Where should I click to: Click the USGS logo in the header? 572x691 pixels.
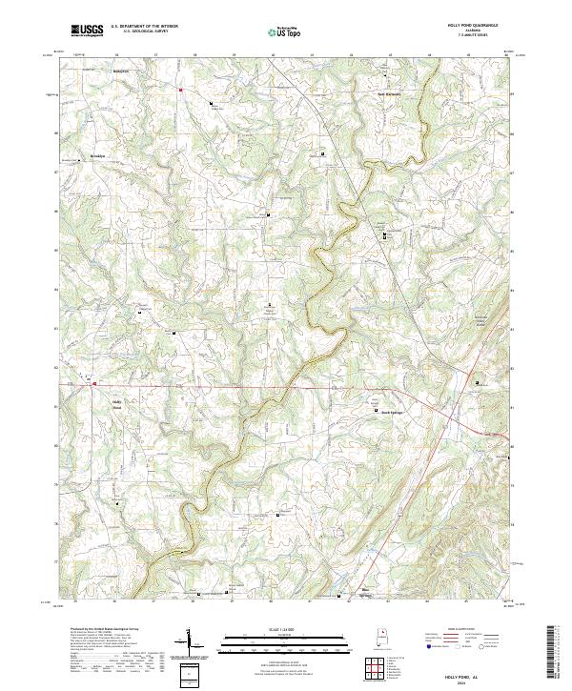[x=88, y=30]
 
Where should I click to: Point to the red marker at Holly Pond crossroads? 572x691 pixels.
[x=94, y=384]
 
